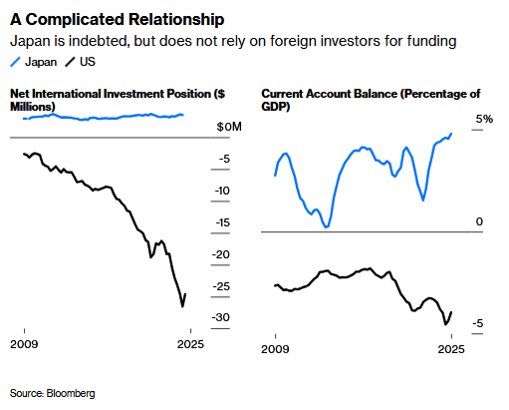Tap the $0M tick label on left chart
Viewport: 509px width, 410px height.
[x=229, y=128]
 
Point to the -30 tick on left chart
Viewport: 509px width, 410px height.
[x=224, y=318]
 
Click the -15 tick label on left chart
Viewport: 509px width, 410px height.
[x=224, y=222]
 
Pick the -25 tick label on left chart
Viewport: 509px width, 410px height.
[x=224, y=286]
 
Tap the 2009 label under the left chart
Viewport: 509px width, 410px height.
[x=24, y=344]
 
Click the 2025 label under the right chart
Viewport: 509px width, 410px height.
[x=452, y=350]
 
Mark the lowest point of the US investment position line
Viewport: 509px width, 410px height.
[x=181, y=306]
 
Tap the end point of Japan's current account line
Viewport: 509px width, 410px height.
[x=451, y=134]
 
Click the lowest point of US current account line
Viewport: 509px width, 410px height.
[x=445, y=324]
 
